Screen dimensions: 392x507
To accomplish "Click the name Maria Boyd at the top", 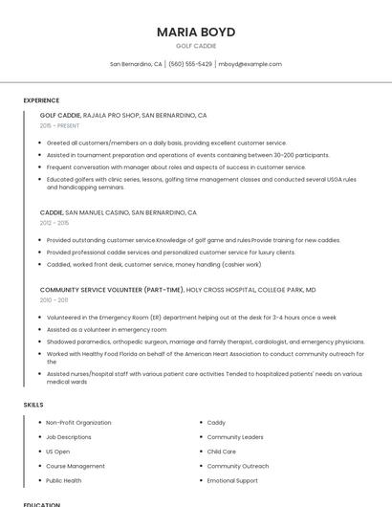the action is click(196, 32).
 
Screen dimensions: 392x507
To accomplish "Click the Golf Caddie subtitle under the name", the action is click(196, 46).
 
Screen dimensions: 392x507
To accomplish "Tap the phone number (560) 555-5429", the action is click(190, 64).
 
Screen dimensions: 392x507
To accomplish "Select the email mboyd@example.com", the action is click(250, 64).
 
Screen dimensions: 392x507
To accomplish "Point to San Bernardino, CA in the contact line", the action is click(136, 64).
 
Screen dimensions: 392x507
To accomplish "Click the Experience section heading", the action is click(41, 100).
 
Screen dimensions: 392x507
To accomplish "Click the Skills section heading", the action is click(33, 405).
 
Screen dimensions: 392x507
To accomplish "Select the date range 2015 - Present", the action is click(59, 125).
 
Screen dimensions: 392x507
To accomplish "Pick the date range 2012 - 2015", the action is click(54, 223).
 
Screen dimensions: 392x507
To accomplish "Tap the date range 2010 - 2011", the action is click(54, 299).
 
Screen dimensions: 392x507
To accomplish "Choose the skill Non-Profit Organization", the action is click(78, 423).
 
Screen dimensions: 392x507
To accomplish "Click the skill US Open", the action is click(57, 452).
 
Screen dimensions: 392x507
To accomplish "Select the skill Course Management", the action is click(76, 466).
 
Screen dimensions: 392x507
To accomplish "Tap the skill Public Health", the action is click(63, 480).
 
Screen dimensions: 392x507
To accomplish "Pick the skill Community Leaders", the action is click(235, 437).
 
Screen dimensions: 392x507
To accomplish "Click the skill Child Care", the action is click(221, 452).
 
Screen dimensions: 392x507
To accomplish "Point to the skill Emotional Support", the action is click(232, 480).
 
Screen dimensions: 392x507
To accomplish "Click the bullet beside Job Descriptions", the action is click(38, 437).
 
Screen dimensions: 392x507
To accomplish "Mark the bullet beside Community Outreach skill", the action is click(200, 466).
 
